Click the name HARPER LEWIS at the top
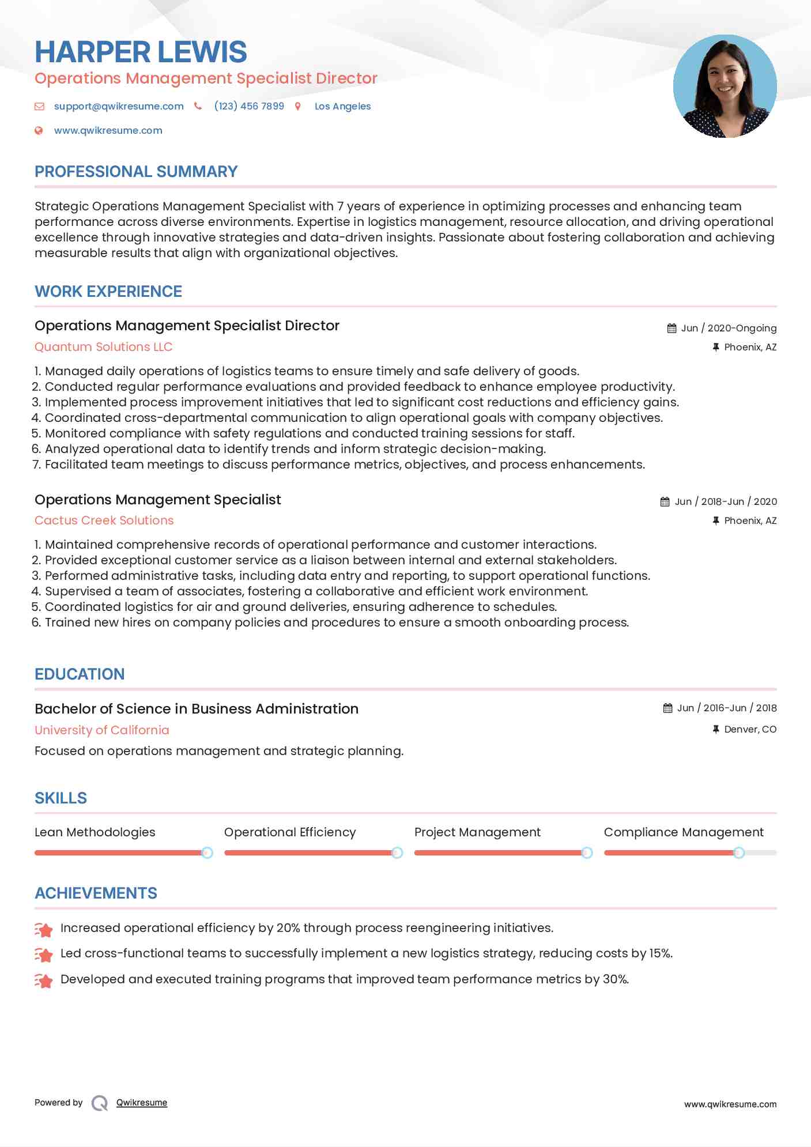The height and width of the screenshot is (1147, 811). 141,52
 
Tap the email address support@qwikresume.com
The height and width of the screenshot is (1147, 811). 119,106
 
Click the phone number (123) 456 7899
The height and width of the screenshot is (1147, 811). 249,106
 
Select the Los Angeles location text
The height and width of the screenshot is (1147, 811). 342,106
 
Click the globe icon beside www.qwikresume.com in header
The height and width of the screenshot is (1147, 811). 39,130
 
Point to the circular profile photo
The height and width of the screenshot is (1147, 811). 725,86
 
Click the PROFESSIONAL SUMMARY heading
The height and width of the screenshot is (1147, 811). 136,172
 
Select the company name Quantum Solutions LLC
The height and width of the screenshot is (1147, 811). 103,347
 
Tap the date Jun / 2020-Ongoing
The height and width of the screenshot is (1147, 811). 729,328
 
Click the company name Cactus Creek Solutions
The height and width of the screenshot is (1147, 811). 104,520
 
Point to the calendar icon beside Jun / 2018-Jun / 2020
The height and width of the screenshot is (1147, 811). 665,501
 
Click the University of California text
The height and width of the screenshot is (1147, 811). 102,730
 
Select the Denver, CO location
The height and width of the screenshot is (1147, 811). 750,729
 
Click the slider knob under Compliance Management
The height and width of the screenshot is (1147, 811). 739,852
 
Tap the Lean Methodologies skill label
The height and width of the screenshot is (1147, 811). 95,832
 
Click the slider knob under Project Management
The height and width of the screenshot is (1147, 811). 587,852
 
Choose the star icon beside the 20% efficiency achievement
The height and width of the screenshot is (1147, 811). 44,929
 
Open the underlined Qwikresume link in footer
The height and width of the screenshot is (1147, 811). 142,1103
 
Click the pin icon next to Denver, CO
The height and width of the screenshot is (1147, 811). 716,729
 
